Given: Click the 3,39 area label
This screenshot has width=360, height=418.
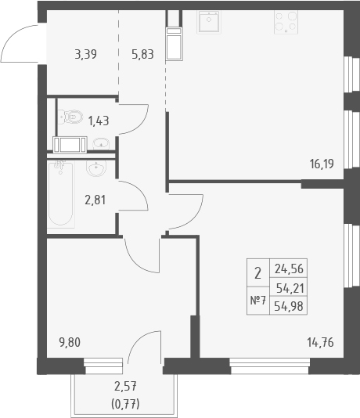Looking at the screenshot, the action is (x=85, y=54).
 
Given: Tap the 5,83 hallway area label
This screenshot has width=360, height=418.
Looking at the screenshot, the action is (x=142, y=54).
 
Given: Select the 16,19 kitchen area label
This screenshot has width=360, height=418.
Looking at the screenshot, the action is (x=322, y=164).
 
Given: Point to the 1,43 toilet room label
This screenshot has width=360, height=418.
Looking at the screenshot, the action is (x=99, y=121).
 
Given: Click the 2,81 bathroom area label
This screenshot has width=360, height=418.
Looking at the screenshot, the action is (x=95, y=200).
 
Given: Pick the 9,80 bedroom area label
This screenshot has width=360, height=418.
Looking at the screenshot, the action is (x=70, y=342).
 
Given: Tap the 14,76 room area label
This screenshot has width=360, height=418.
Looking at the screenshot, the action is (x=320, y=342).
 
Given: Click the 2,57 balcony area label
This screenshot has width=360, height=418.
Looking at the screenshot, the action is (x=125, y=386).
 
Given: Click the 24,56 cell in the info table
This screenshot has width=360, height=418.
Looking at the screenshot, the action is (x=289, y=269).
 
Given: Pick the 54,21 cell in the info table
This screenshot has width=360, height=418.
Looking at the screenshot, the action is (x=290, y=288).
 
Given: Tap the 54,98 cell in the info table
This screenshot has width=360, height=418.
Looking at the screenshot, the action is (x=289, y=306).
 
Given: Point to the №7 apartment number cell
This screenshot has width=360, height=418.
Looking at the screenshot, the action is (x=258, y=301).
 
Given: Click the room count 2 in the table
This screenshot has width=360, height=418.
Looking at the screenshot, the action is (x=257, y=273).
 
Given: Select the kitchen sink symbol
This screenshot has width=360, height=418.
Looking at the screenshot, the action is (x=209, y=22).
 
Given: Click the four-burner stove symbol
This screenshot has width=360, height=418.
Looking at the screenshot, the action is (x=286, y=22).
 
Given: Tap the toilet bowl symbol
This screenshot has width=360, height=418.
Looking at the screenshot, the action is (x=70, y=117).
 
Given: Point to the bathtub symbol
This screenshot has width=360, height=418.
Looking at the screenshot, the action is (x=61, y=194).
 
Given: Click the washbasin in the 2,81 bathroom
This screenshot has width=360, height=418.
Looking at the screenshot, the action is (x=96, y=168).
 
